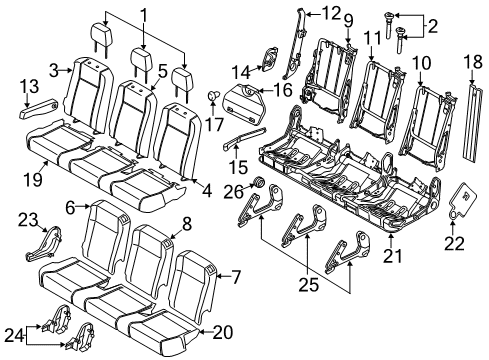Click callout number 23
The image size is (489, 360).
point(26,219)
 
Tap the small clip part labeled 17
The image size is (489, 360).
point(211,96)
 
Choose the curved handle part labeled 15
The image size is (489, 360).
point(242,137)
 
